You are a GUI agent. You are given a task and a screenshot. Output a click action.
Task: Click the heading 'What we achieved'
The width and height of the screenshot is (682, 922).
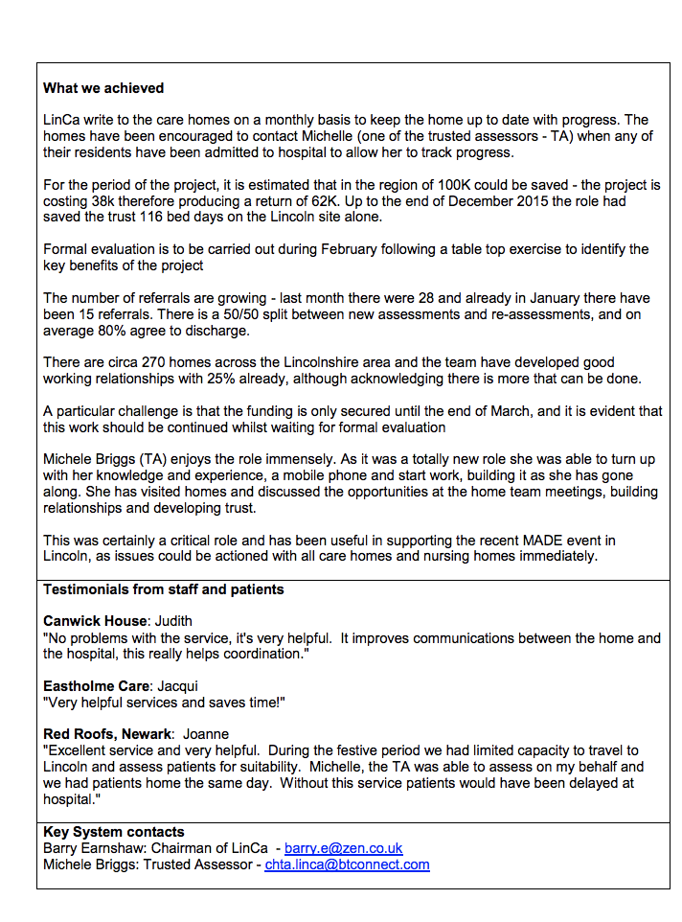(x=103, y=88)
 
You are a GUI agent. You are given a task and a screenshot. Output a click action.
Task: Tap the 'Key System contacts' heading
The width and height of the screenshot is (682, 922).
(x=114, y=832)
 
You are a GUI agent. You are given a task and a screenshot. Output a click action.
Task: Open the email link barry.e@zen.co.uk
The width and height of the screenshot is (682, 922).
(x=343, y=848)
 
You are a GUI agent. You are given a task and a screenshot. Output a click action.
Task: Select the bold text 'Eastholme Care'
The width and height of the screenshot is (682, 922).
(x=96, y=686)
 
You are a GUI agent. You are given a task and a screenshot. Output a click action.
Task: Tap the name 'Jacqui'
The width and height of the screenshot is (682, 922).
(x=177, y=686)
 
